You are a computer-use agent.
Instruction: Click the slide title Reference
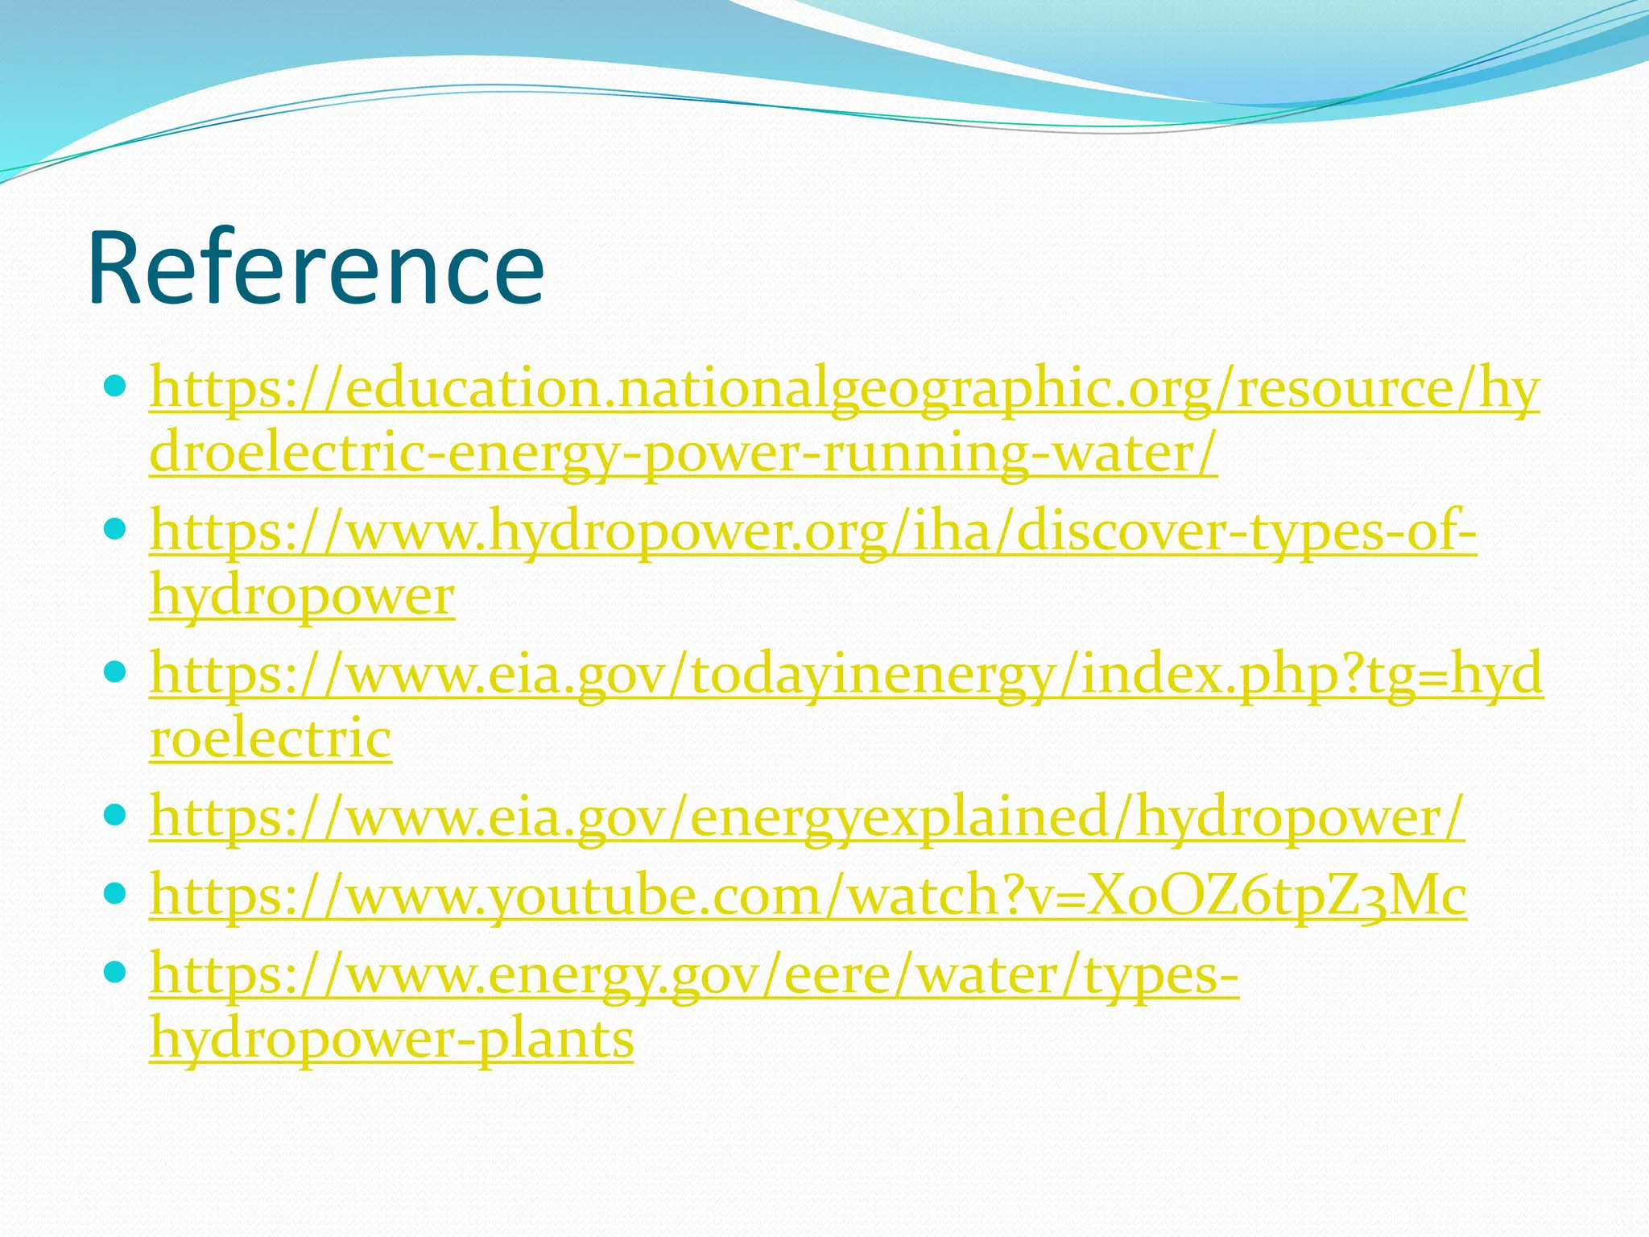click(x=316, y=267)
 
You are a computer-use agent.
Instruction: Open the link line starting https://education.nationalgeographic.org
click(x=844, y=389)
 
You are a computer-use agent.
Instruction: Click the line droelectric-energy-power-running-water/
click(x=683, y=453)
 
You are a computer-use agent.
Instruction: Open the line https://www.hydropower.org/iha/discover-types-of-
click(x=813, y=532)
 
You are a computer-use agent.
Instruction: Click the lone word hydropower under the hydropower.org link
click(x=302, y=597)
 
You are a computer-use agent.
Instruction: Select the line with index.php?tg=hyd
click(x=845, y=675)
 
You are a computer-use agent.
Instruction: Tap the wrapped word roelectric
click(x=271, y=738)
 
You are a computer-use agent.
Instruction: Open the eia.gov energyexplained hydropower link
click(x=807, y=817)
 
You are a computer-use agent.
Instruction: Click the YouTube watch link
click(x=808, y=896)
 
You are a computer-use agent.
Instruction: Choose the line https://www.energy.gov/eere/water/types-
click(x=694, y=974)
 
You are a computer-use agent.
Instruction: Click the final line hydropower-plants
click(x=392, y=1039)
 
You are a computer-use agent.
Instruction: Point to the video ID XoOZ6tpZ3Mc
click(x=1275, y=896)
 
